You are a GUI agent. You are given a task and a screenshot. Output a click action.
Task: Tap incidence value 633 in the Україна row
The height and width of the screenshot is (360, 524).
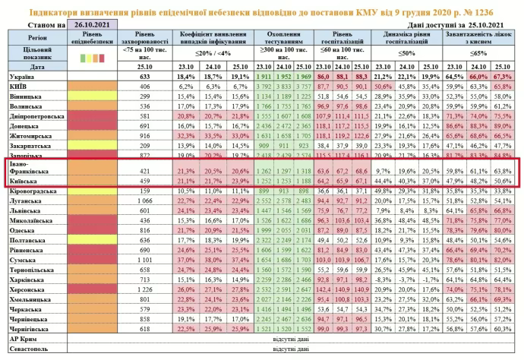point(143,77)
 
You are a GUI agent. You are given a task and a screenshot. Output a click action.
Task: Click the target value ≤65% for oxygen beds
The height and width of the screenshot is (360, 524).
point(479,55)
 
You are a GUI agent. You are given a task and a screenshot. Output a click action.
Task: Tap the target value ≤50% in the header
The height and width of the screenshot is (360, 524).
point(406,55)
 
